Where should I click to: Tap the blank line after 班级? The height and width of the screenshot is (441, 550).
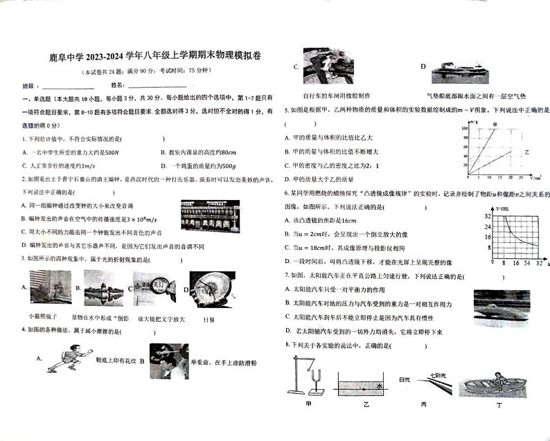[68, 87]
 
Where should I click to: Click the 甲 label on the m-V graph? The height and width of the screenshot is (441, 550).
[495, 124]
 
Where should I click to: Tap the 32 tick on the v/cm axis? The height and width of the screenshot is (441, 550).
[488, 217]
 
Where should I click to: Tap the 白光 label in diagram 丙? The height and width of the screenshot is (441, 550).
[405, 379]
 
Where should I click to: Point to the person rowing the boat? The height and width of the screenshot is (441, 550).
[497, 377]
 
